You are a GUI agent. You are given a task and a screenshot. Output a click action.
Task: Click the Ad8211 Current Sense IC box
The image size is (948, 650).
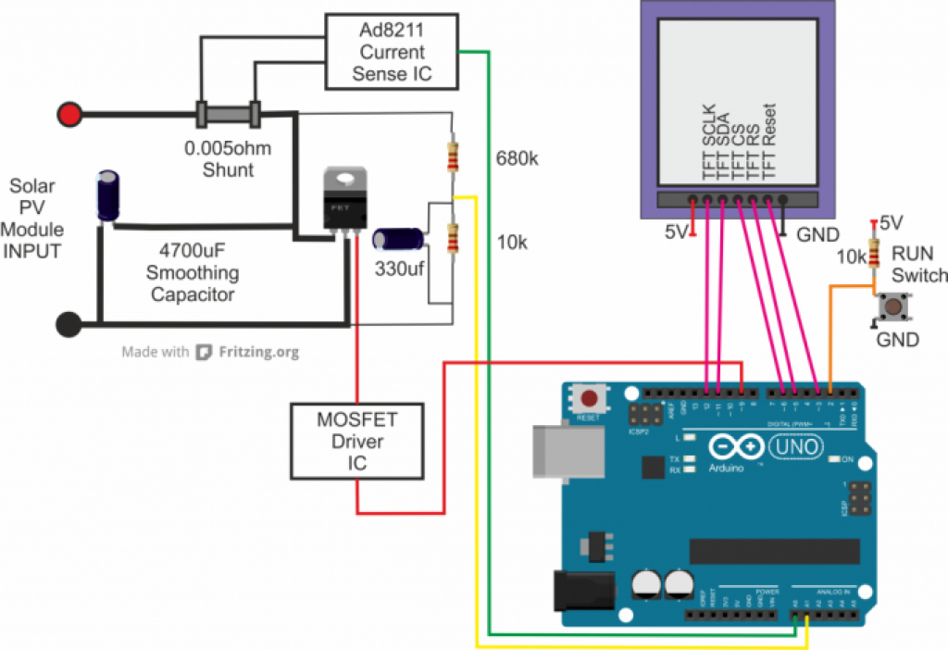click(393, 52)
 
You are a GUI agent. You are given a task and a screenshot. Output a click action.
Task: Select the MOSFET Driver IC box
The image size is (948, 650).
click(356, 442)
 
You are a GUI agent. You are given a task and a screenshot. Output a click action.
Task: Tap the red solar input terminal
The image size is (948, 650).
click(69, 115)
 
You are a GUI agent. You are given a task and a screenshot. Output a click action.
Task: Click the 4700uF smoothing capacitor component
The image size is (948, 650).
click(109, 194)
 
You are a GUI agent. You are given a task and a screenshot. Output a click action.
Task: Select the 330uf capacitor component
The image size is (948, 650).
click(399, 239)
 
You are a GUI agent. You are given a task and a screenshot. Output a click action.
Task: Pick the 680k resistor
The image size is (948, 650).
click(452, 156)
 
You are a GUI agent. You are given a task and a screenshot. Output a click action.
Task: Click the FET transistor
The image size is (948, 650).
click(343, 199)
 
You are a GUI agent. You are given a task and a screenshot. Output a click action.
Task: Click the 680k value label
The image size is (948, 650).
click(517, 158)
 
